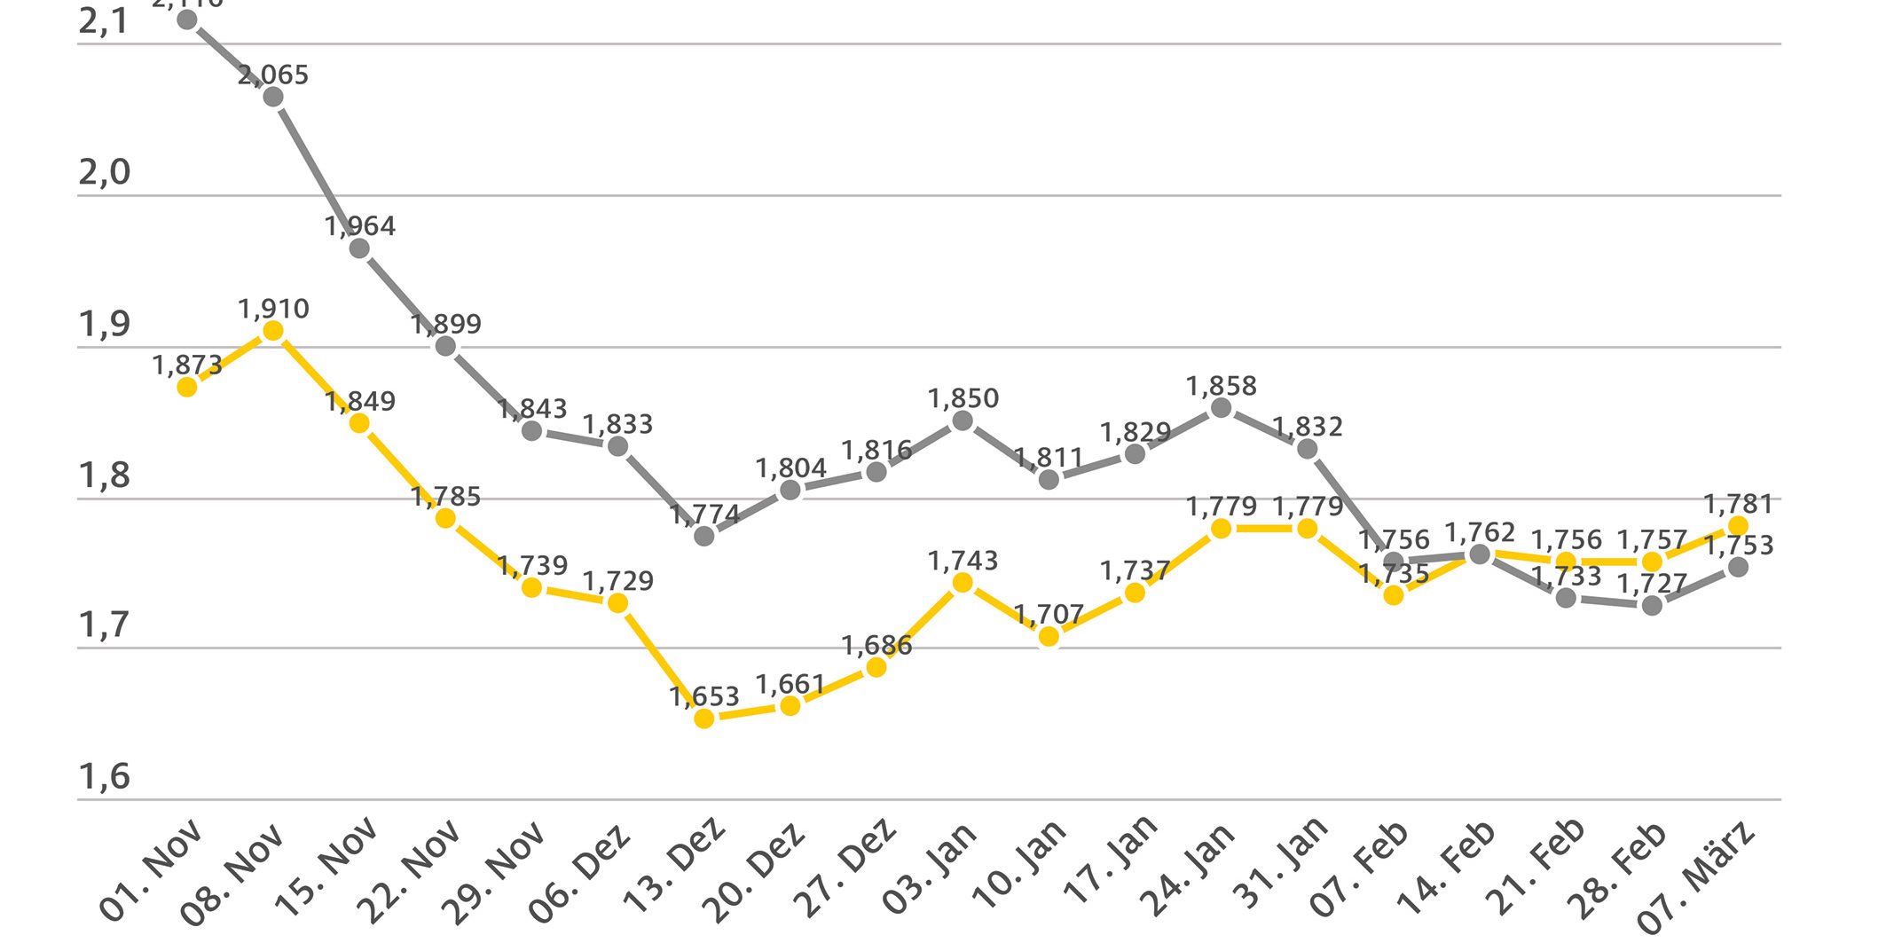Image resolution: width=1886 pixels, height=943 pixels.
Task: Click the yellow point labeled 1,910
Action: point(273,332)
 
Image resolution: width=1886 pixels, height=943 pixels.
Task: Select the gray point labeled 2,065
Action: point(273,97)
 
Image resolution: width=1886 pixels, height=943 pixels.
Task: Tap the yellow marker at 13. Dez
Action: point(704,718)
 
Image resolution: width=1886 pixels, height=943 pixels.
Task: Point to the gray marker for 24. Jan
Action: point(1221,408)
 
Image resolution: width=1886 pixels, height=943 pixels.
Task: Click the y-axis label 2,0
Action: point(105,173)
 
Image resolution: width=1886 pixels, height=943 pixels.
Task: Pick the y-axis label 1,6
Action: point(105,777)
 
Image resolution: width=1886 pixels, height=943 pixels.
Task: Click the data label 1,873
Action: point(187,365)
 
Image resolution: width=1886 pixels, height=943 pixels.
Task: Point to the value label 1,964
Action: point(360,226)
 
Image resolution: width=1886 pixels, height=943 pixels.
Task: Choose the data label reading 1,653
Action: point(704,696)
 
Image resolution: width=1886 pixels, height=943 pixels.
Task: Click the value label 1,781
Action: point(1739,504)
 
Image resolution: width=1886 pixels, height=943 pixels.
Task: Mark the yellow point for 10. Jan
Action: point(1049,636)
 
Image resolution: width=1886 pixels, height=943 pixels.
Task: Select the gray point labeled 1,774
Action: point(704,536)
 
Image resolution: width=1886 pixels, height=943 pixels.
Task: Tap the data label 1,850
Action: point(963,398)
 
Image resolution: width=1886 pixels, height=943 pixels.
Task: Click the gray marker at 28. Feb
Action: point(1652,606)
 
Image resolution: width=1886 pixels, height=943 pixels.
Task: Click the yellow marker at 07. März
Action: point(1739,526)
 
